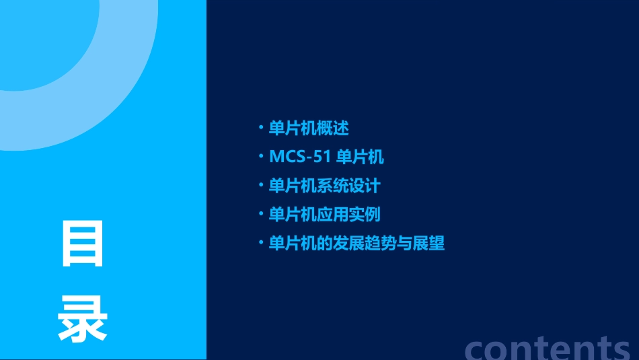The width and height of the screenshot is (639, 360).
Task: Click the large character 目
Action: pyautogui.click(x=83, y=244)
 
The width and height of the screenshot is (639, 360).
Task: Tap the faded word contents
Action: pyautogui.click(x=548, y=347)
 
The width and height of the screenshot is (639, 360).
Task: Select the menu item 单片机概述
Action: pyautogui.click(x=309, y=128)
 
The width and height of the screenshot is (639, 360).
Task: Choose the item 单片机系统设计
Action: pyautogui.click(x=324, y=186)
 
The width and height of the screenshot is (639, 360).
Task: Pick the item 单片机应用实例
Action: pyautogui.click(x=324, y=215)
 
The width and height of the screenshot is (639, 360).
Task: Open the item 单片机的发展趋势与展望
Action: pyautogui.click(x=356, y=243)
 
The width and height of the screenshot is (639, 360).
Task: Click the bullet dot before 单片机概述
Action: pyautogui.click(x=261, y=128)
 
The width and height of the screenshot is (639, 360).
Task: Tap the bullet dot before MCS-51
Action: pyautogui.click(x=261, y=157)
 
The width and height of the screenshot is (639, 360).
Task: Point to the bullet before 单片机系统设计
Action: pyautogui.click(x=261, y=186)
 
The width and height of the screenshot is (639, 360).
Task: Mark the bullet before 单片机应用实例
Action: pyautogui.click(x=261, y=215)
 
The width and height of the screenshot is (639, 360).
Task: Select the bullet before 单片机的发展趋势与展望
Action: pyautogui.click(x=261, y=243)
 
